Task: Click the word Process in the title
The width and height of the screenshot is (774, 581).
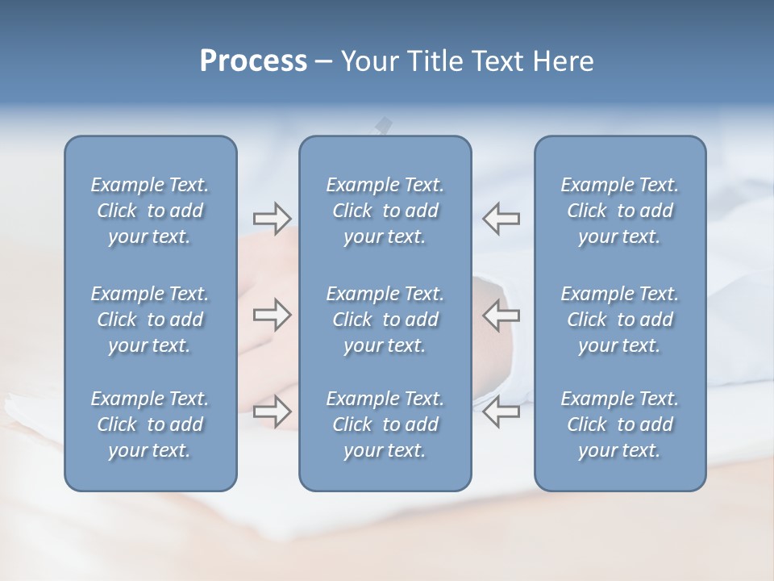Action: [253, 61]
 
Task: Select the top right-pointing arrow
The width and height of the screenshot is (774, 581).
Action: [272, 218]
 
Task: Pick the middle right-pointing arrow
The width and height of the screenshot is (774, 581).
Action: [272, 315]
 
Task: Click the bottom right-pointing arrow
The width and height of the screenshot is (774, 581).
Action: [272, 412]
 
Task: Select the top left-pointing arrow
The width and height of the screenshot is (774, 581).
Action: [501, 218]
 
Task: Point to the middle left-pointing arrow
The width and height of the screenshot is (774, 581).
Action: [501, 315]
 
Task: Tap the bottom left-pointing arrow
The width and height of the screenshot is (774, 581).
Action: [501, 412]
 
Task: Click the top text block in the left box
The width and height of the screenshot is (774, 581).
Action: [150, 211]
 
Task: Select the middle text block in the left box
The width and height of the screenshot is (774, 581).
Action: [150, 320]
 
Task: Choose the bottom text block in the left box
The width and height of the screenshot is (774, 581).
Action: [150, 424]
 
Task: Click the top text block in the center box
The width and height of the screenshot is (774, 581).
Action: [385, 211]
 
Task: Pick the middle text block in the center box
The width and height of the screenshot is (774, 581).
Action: [385, 320]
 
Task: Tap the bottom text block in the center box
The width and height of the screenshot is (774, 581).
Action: [385, 424]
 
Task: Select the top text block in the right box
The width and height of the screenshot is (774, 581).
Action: [620, 211]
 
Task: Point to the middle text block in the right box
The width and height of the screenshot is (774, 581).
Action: [620, 320]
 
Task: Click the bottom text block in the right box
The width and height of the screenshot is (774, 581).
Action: [620, 424]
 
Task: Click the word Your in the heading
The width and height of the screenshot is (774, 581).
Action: [367, 61]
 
